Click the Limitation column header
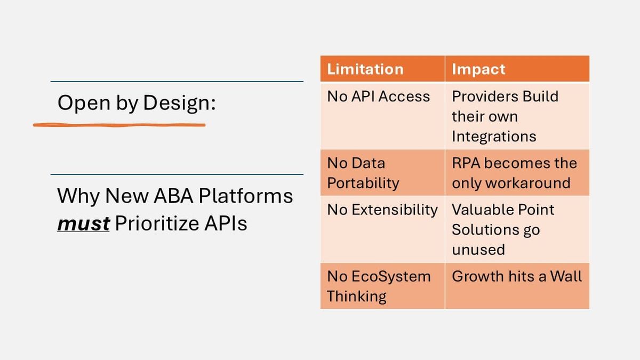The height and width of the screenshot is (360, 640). click(x=365, y=69)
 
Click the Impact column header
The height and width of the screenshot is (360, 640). click(x=478, y=69)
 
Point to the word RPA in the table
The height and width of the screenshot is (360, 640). click(x=466, y=163)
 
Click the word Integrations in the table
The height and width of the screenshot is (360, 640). click(x=493, y=137)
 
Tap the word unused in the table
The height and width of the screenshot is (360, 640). click(x=478, y=250)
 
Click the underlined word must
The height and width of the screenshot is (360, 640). click(x=83, y=224)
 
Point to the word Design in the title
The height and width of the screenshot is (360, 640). click(x=179, y=103)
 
